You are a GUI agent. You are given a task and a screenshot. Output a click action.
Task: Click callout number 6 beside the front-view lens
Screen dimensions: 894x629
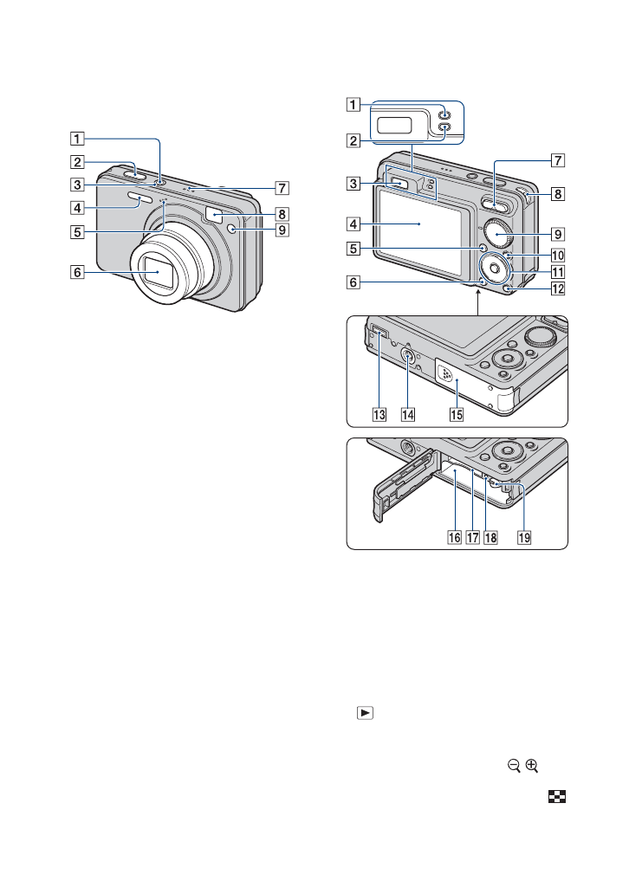tap(79, 271)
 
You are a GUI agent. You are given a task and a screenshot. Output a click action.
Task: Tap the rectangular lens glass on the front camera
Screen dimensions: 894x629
tap(158, 271)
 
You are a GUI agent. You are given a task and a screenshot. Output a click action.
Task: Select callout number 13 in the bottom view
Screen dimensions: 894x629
tap(379, 414)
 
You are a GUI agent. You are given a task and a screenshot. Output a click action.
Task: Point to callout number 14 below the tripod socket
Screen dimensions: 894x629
tap(408, 414)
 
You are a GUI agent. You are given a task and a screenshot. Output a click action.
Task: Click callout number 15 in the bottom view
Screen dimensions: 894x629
tap(455, 414)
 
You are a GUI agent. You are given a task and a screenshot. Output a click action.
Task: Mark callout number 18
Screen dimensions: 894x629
tap(493, 536)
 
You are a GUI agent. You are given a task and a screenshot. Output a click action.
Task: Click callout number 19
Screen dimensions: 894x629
tap(523, 536)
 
